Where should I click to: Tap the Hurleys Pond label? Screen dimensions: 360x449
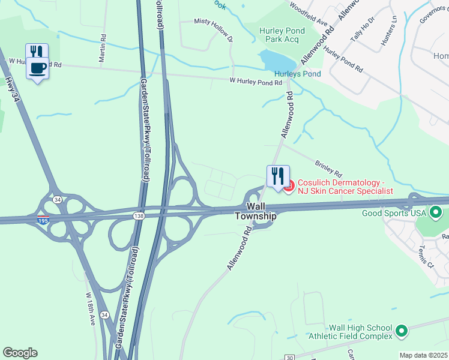pos(298,74)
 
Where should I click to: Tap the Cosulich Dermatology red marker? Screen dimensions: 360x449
pos(289,186)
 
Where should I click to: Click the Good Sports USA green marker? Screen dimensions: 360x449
pos(436,212)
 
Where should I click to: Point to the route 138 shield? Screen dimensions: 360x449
pos(139,214)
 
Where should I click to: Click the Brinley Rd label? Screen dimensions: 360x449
pos(328,167)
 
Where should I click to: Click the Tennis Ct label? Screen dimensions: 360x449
pos(427,256)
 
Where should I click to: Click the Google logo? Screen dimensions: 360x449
pos(20,353)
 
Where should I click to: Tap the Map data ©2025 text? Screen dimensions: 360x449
pos(424,355)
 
